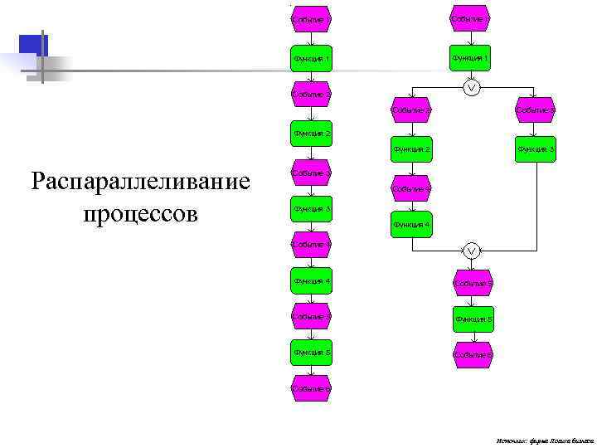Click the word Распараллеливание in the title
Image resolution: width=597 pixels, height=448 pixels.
point(140,181)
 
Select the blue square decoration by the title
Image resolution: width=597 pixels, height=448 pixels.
point(33,46)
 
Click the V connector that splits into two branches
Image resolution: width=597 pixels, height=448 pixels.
point(471,88)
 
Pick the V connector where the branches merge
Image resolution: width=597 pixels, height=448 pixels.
point(471,251)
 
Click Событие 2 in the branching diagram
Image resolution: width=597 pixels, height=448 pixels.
point(410,110)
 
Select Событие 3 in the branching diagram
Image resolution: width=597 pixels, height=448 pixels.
point(535,110)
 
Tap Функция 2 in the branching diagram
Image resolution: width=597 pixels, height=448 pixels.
point(411,149)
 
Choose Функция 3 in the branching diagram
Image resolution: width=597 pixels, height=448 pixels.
point(535,149)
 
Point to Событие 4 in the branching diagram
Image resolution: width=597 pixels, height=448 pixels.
point(410,188)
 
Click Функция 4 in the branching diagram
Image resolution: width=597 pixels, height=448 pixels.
point(411,225)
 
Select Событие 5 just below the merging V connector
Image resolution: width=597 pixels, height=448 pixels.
point(473,282)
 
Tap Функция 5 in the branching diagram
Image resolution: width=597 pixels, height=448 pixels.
point(473,319)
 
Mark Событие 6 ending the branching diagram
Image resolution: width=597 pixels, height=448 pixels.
point(473,354)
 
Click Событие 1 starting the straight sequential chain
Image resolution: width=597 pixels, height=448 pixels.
point(311,18)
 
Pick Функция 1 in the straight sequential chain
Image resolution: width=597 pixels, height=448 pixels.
point(311,59)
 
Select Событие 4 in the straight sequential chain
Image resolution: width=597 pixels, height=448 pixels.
point(311,244)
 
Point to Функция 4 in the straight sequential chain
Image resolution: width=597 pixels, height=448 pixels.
point(311,281)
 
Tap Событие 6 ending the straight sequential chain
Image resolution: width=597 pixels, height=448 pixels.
point(311,388)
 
